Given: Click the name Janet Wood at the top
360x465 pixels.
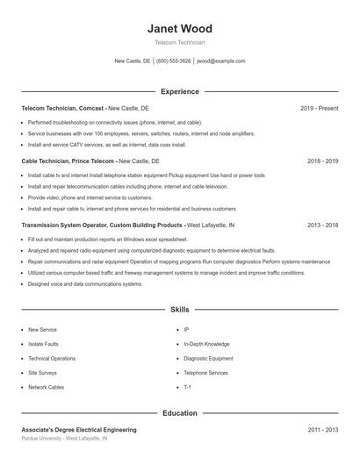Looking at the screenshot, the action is [179, 29].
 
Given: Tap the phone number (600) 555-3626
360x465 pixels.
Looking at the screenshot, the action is [173, 61].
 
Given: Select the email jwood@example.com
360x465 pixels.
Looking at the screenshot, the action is [220, 61].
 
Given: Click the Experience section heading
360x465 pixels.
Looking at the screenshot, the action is [179, 91].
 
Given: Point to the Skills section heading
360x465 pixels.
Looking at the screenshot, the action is [179, 310].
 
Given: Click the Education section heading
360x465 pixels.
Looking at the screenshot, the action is [179, 412].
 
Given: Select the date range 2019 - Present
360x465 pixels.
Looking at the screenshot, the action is [319, 108].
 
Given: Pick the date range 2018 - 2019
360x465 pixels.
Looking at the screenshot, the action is [322, 161].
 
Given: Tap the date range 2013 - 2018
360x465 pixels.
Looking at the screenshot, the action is [322, 225].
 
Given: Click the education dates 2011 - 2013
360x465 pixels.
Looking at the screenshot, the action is [322, 430].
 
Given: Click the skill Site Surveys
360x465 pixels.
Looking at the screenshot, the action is [43, 372].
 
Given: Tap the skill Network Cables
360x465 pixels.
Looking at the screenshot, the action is [46, 387].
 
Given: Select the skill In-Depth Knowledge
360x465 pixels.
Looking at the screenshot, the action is [206, 344].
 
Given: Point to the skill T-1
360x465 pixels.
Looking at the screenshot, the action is [187, 387].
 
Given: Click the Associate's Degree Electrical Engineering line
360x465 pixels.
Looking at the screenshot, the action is [79, 430].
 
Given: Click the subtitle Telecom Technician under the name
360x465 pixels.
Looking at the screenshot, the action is [179, 42].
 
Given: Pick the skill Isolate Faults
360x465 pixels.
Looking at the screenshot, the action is [43, 344].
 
